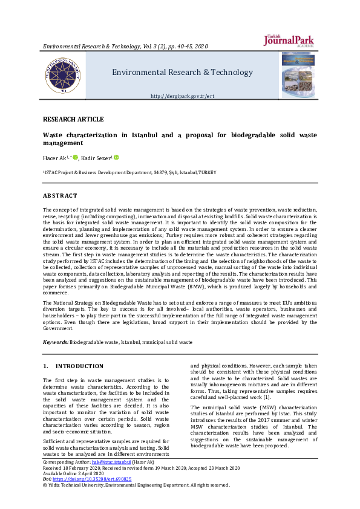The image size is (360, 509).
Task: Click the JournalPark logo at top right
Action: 289,40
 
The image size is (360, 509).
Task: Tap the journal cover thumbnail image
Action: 297,74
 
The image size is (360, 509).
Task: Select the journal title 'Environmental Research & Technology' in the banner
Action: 182,73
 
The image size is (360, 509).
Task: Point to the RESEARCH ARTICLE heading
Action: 73,119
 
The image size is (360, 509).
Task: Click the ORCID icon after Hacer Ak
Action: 76,158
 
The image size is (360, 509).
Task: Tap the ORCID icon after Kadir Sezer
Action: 116,158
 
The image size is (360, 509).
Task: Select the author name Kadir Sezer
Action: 96,158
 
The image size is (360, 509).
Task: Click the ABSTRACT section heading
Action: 60,195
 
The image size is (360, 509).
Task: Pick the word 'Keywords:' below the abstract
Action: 55,342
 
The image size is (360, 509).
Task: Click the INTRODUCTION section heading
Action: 79,366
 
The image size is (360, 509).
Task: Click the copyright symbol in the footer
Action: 45,485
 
